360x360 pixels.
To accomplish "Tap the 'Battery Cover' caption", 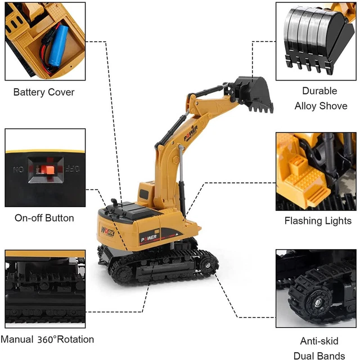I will pyautogui.click(x=44, y=92).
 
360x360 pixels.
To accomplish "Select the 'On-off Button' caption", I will pyautogui.click(x=44, y=218).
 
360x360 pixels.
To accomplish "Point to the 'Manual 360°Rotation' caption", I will pyautogui.click(x=47, y=339).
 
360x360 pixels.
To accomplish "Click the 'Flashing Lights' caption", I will pyautogui.click(x=318, y=220).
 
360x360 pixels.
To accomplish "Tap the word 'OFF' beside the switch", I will pyautogui.click(x=71, y=167).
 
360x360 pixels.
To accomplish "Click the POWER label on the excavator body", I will pyautogui.click(x=148, y=237).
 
